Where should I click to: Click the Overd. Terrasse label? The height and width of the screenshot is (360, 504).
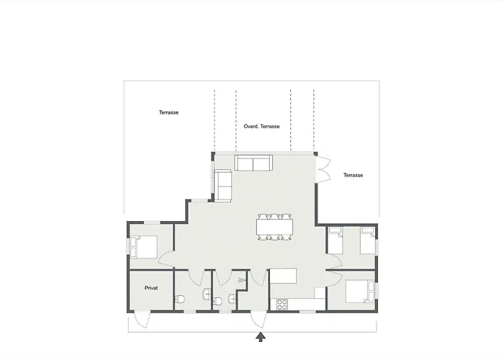point(261,126)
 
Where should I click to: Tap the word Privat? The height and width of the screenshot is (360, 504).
point(151,288)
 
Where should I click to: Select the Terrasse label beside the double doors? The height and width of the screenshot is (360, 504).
point(353,175)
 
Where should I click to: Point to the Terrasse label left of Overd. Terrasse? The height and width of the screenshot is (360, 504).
point(168,112)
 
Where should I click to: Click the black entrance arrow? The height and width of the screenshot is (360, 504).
point(261,337)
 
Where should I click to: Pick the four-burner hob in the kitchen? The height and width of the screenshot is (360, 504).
point(282,305)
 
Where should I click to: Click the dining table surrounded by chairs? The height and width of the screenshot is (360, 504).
point(274,227)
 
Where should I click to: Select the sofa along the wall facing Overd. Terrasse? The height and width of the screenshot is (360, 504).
point(253,163)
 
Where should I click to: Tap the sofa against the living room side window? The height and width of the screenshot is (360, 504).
point(222,186)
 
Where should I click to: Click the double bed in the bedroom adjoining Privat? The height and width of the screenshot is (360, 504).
point(144,247)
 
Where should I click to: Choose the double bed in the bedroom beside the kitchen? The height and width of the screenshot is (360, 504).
point(360,291)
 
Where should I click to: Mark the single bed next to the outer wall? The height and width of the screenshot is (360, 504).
point(368,240)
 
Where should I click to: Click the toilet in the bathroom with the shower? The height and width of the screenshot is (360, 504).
point(217,301)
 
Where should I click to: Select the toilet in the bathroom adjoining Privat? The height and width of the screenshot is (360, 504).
point(179,300)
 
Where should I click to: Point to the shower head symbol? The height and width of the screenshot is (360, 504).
point(240,280)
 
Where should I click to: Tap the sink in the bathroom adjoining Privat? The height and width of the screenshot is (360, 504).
point(207,294)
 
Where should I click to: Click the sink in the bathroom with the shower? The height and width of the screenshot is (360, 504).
point(232,299)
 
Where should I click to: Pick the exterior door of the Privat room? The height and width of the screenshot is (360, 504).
point(142,319)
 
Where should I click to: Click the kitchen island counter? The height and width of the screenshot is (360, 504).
point(283,276)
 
